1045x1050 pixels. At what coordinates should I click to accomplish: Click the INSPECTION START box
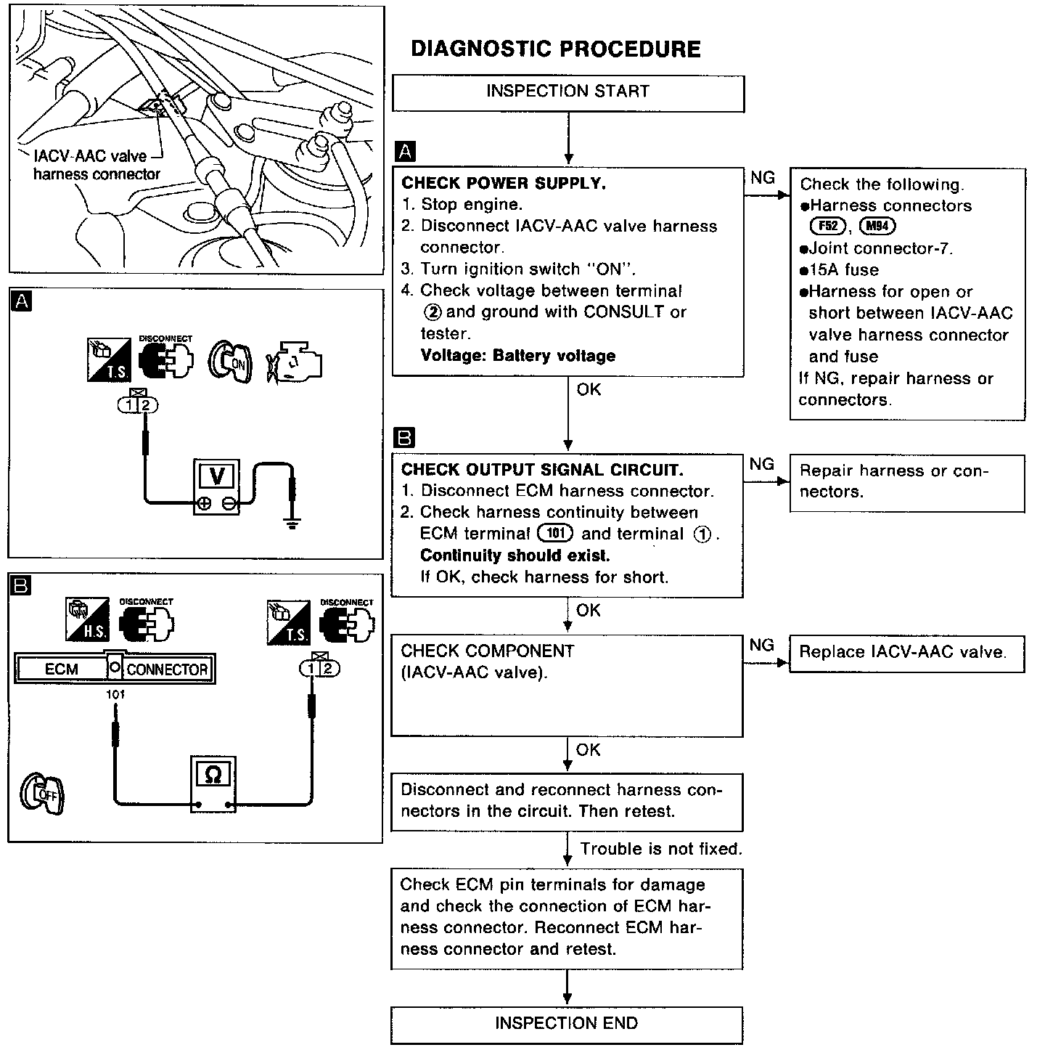click(567, 92)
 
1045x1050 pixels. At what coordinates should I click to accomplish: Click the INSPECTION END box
click(566, 1024)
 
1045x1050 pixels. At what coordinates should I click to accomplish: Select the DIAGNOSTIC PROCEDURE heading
click(556, 49)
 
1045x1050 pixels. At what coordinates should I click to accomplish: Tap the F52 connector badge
click(827, 227)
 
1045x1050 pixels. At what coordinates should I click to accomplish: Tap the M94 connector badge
click(877, 227)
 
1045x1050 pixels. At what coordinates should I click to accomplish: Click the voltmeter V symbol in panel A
click(216, 476)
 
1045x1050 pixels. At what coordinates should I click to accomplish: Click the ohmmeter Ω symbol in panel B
click(213, 776)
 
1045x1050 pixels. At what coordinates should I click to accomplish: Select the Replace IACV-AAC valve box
click(906, 653)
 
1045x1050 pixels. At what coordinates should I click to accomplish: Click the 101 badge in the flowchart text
click(555, 534)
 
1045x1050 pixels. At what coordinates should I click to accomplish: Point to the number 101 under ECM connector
click(115, 694)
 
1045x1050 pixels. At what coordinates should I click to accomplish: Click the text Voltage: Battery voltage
click(517, 356)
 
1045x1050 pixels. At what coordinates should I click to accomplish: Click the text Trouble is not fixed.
click(661, 849)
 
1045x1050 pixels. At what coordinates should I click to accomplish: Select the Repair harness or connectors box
click(906, 482)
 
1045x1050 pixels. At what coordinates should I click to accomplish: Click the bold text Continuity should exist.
click(515, 555)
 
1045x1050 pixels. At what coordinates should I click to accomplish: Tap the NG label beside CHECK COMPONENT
click(761, 645)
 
